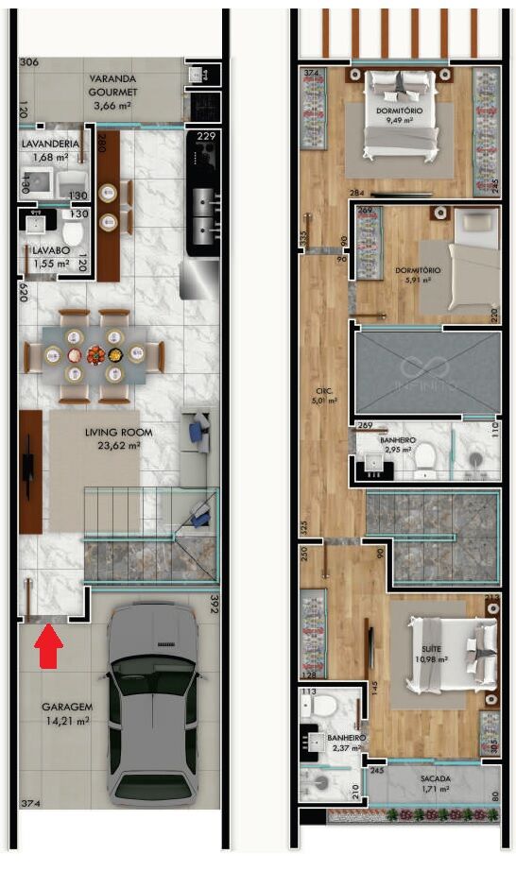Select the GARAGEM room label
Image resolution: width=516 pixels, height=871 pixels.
[x=65, y=707]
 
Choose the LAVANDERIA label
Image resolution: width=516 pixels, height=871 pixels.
[x=50, y=144]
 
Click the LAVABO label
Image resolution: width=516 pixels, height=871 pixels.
[x=44, y=250]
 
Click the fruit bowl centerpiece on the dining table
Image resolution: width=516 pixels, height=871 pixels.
[x=95, y=356]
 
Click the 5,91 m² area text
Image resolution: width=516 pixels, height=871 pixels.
[x=420, y=280]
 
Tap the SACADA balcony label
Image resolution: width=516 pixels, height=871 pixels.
[x=437, y=778]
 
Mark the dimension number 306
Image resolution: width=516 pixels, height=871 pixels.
[x=28, y=62]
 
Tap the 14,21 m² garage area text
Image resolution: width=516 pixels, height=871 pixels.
[x=65, y=720]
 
